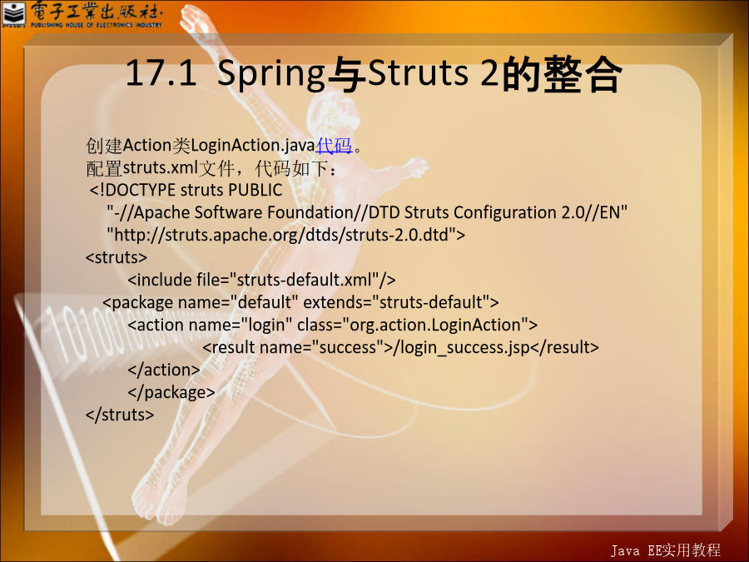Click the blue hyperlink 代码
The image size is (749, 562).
334,145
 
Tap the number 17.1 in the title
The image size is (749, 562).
161,73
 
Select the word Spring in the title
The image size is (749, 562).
271,75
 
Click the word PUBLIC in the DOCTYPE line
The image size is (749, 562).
255,190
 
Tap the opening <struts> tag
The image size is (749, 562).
116,257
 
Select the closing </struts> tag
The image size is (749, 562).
120,415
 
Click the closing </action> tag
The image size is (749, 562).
164,370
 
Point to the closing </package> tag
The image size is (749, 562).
171,393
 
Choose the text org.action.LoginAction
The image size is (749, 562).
435,325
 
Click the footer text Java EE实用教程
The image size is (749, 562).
666,550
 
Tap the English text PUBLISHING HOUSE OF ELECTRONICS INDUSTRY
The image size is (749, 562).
96,25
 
